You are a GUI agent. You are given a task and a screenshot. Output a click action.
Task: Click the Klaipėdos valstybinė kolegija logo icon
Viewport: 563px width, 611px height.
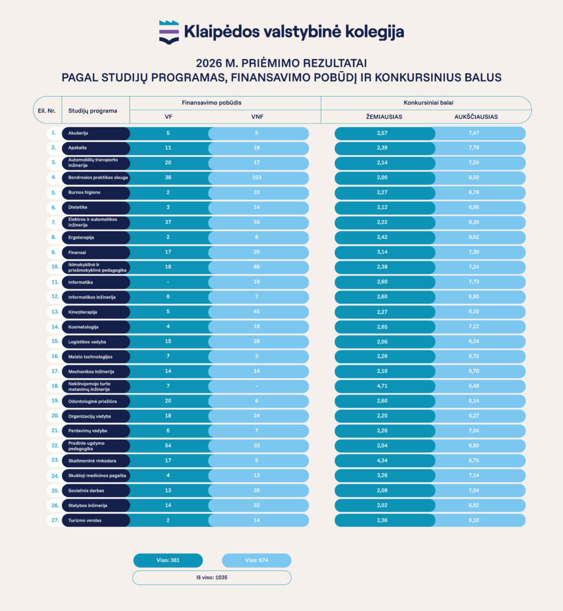coord(169,32)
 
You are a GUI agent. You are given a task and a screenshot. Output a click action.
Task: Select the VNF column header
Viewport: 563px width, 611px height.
coord(257,116)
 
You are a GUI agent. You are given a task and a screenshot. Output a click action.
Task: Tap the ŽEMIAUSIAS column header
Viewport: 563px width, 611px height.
coord(384,116)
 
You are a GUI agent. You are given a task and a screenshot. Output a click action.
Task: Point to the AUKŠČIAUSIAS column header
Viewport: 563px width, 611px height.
coord(476,116)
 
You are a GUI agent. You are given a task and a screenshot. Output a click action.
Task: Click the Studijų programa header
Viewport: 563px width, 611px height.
coord(92,110)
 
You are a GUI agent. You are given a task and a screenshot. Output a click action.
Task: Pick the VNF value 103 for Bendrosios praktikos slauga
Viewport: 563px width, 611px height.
coord(256,177)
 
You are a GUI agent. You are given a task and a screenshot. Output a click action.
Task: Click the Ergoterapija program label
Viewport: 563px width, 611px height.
coord(81,237)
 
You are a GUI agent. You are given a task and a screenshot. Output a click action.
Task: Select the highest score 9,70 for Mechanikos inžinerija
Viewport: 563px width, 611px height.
coord(474,371)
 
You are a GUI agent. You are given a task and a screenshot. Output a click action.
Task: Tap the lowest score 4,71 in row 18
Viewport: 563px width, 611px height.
coord(382,386)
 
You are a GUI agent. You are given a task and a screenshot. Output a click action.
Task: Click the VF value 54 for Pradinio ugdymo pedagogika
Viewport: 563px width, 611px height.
coord(168,445)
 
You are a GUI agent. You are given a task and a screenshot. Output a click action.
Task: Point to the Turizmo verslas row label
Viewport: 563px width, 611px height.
coord(85,520)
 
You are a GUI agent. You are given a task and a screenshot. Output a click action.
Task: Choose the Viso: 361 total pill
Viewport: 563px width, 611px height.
coord(168,560)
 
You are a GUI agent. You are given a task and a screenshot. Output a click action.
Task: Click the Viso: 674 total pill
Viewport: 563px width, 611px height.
coord(256,560)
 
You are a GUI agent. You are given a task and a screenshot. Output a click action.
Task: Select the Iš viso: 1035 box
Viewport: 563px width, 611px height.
coord(212,578)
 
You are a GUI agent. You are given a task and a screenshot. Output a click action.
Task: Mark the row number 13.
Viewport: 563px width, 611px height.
coord(55,311)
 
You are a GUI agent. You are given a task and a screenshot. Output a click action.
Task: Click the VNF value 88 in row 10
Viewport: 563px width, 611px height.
coord(256,267)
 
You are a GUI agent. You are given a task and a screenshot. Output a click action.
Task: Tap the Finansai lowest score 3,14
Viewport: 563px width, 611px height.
coord(382,252)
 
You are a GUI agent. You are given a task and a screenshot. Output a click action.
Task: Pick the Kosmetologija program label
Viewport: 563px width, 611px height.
coord(83,327)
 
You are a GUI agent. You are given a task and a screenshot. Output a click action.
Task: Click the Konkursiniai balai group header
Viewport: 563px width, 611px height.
coord(428,103)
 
